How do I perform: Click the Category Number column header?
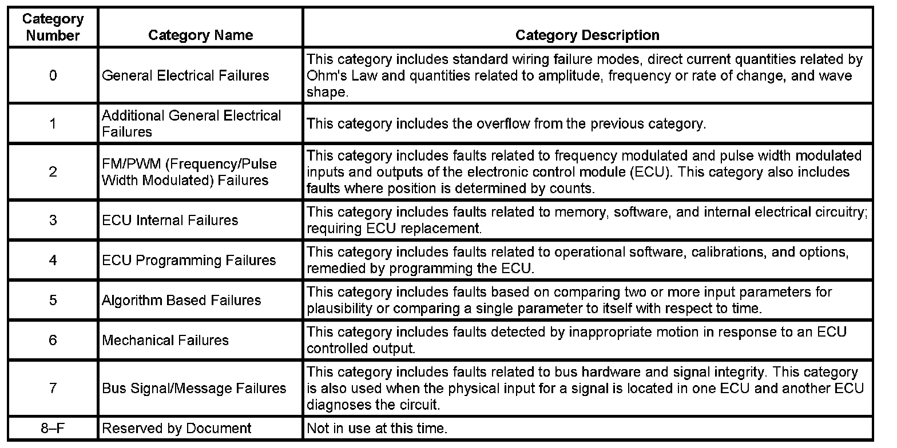pos(53,27)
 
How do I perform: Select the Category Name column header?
pos(200,35)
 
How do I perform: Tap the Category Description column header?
pos(587,35)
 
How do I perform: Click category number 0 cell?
pos(53,75)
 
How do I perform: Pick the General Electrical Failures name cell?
pos(185,75)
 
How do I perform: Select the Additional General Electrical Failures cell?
pos(192,123)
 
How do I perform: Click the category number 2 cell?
pos(53,171)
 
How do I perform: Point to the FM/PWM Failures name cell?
pos(189,171)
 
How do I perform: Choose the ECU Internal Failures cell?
pos(170,220)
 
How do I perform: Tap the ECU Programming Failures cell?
pos(189,260)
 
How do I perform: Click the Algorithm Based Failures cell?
pos(181,300)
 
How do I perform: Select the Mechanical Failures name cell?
pos(165,340)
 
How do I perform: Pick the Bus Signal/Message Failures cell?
pos(194,389)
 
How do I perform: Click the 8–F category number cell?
pos(53,428)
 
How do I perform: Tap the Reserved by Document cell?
pos(177,428)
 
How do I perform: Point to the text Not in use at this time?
pos(377,428)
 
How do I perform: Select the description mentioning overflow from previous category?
pos(506,123)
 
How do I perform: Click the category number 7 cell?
pos(53,389)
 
